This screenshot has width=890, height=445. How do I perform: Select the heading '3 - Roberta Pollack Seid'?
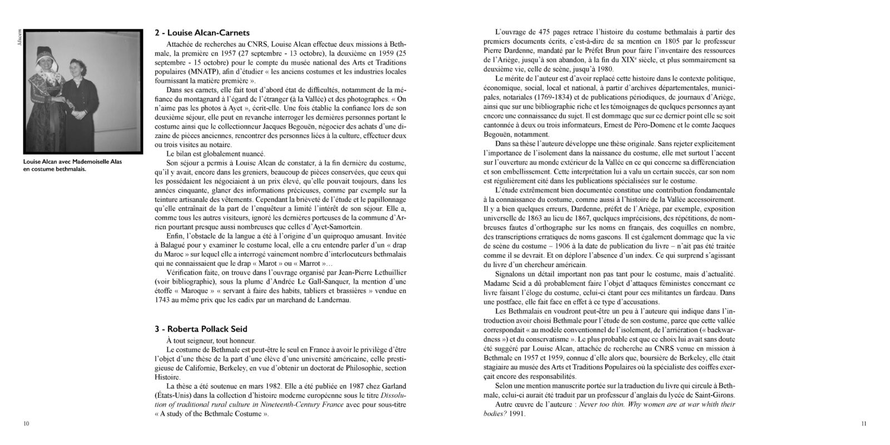coord(201,329)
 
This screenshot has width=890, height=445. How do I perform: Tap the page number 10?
coord(26,424)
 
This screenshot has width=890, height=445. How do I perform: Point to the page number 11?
coord(863,424)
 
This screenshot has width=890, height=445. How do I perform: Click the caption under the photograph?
coord(72,165)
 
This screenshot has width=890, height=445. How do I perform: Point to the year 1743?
coord(165,301)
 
